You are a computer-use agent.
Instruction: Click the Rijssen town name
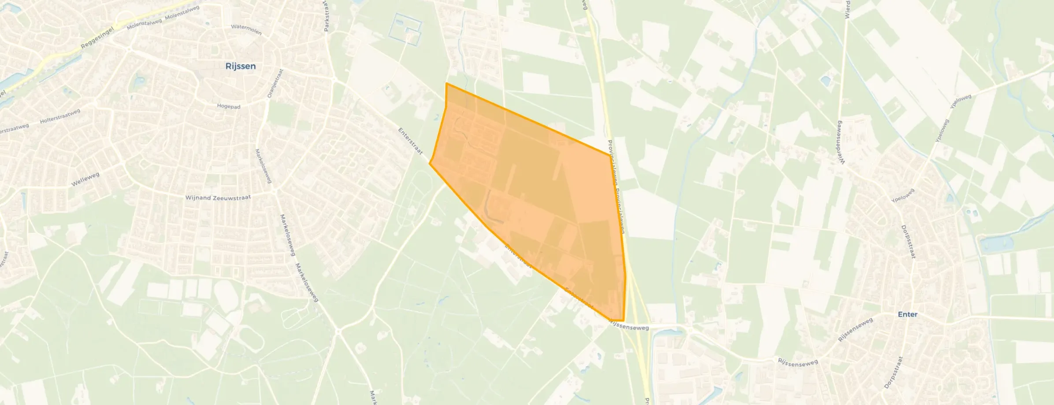(241, 66)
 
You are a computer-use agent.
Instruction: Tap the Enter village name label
(907, 314)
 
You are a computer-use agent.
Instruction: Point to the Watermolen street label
(246, 29)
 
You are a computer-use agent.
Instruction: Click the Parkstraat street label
(326, 18)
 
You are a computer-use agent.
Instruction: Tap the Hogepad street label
(228, 107)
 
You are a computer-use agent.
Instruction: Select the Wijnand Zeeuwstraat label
(218, 198)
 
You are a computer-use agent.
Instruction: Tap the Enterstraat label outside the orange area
(410, 141)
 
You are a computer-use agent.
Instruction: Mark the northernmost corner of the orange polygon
(447, 83)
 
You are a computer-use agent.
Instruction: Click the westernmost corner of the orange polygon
(430, 164)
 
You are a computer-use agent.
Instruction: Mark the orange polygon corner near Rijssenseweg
(623, 320)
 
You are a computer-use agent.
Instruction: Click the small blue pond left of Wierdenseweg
(825, 81)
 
